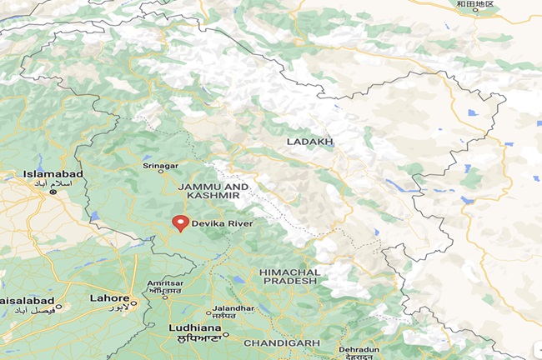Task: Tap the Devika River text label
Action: coord(222,223)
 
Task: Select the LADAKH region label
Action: coord(309,142)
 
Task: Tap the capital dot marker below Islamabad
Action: coord(53,192)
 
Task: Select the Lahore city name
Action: coord(109,298)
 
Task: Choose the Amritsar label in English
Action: coord(164,284)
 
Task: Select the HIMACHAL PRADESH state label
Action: coord(289,277)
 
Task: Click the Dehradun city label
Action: coord(359,348)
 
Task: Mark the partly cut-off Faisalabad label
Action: coord(27,300)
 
